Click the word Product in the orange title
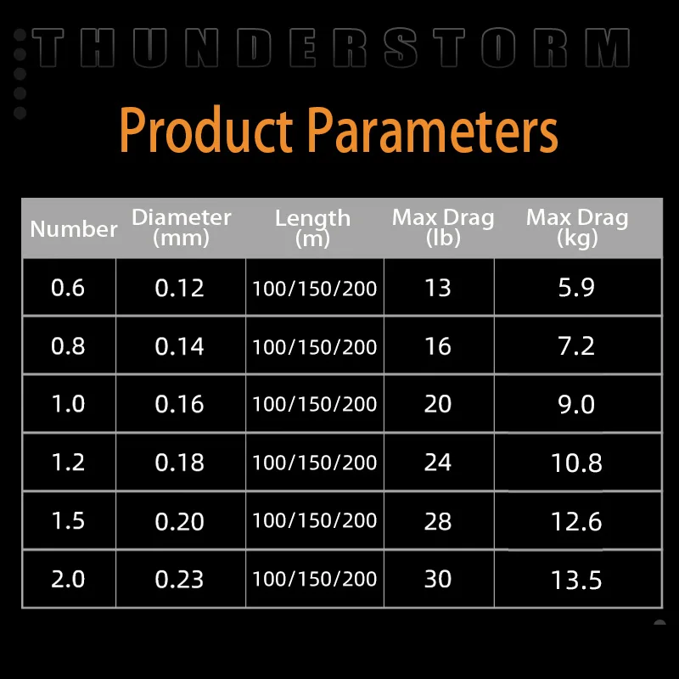(x=205, y=130)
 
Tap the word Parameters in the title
(x=432, y=130)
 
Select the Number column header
(x=74, y=228)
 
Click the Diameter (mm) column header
(x=181, y=227)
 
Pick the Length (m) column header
(x=312, y=228)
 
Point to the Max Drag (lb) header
(x=443, y=227)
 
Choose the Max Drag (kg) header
(x=577, y=227)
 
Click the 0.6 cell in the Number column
(x=68, y=288)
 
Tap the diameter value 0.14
(x=179, y=346)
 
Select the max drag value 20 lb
(x=438, y=404)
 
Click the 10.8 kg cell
(x=576, y=463)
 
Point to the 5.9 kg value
(x=576, y=288)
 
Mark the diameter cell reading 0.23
(x=179, y=580)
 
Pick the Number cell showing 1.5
(x=68, y=520)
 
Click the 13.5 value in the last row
(x=576, y=580)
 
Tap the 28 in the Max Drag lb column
(x=438, y=521)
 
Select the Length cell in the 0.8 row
(x=315, y=347)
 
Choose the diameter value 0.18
(x=179, y=463)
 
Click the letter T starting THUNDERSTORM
(x=48, y=48)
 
